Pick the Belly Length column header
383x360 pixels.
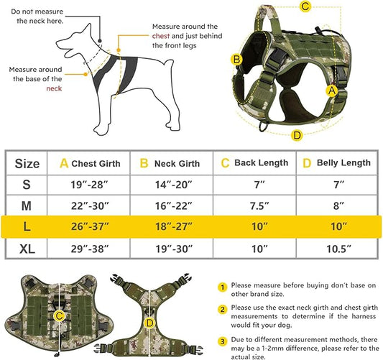[338, 163]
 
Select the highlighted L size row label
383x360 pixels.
[27, 226]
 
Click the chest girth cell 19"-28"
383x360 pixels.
[90, 185]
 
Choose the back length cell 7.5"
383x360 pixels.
[256, 206]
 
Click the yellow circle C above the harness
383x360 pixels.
[305, 7]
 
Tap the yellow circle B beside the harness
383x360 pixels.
[235, 59]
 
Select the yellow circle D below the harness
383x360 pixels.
[297, 134]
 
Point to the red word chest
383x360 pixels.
[162, 35]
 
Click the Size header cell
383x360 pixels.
[27, 163]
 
